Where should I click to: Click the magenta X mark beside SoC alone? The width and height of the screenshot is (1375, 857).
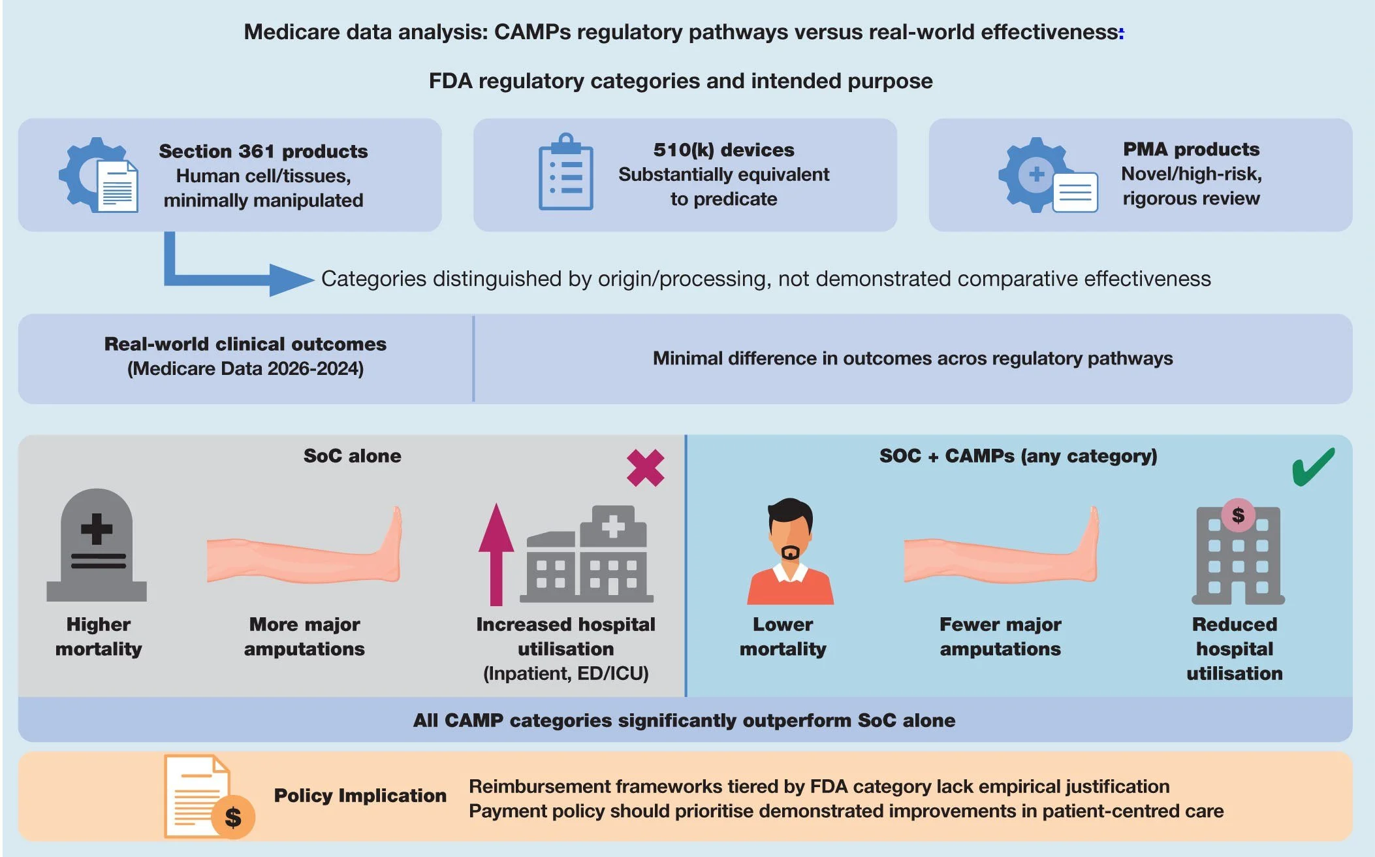[x=645, y=468]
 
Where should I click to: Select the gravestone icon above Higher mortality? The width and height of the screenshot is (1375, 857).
[x=97, y=545]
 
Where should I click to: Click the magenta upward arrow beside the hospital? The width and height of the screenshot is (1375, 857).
[x=496, y=553]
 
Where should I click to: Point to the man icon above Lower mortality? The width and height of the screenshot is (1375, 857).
[x=790, y=552]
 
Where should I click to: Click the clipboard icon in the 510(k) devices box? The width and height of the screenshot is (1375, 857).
[x=565, y=172]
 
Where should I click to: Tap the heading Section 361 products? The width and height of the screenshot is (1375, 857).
[x=263, y=151]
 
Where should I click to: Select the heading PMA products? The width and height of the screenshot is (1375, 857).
[x=1191, y=149]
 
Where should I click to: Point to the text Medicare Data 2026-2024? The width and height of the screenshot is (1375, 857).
[x=245, y=368]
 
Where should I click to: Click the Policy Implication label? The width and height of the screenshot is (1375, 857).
[x=360, y=795]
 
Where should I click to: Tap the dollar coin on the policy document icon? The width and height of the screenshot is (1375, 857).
[x=233, y=817]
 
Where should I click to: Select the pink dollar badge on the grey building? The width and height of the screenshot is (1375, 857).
[x=1238, y=515]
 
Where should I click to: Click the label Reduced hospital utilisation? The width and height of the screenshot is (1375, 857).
[x=1234, y=649]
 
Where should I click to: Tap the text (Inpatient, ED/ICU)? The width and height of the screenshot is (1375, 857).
[x=565, y=673]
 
